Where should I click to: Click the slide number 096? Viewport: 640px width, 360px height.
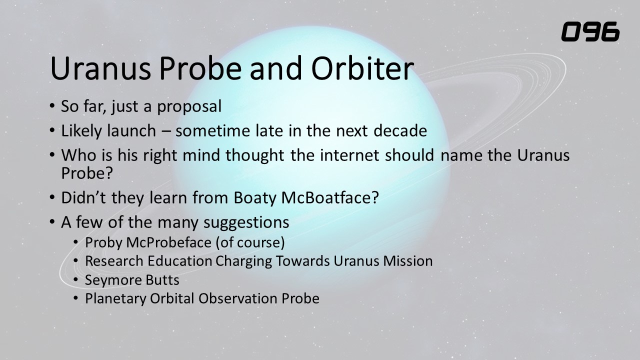590,31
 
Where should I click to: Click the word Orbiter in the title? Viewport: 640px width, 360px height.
362,68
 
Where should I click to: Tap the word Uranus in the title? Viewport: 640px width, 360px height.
100,68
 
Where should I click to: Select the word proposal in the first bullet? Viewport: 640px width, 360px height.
189,107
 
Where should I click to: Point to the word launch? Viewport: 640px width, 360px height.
131,130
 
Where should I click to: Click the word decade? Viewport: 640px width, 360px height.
400,130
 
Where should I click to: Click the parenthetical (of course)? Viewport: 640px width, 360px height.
250,242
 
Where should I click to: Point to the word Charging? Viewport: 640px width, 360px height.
243,261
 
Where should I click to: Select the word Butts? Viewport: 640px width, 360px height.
162,280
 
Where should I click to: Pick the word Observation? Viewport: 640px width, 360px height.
237,298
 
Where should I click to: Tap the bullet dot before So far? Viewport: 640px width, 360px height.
51,105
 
